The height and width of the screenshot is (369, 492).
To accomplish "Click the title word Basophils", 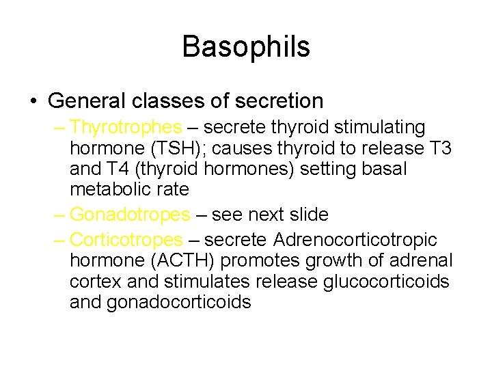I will [x=246, y=47].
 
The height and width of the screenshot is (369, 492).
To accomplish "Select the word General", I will [x=87, y=101].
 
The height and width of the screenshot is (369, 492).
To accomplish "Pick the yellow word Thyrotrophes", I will [x=126, y=128].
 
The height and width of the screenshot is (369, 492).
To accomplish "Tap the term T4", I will [x=122, y=168].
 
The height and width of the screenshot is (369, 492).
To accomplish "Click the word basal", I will [x=383, y=168].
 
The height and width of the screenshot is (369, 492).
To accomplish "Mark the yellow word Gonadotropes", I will [x=130, y=215].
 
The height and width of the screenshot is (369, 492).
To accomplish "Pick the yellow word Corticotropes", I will [x=126, y=241].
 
